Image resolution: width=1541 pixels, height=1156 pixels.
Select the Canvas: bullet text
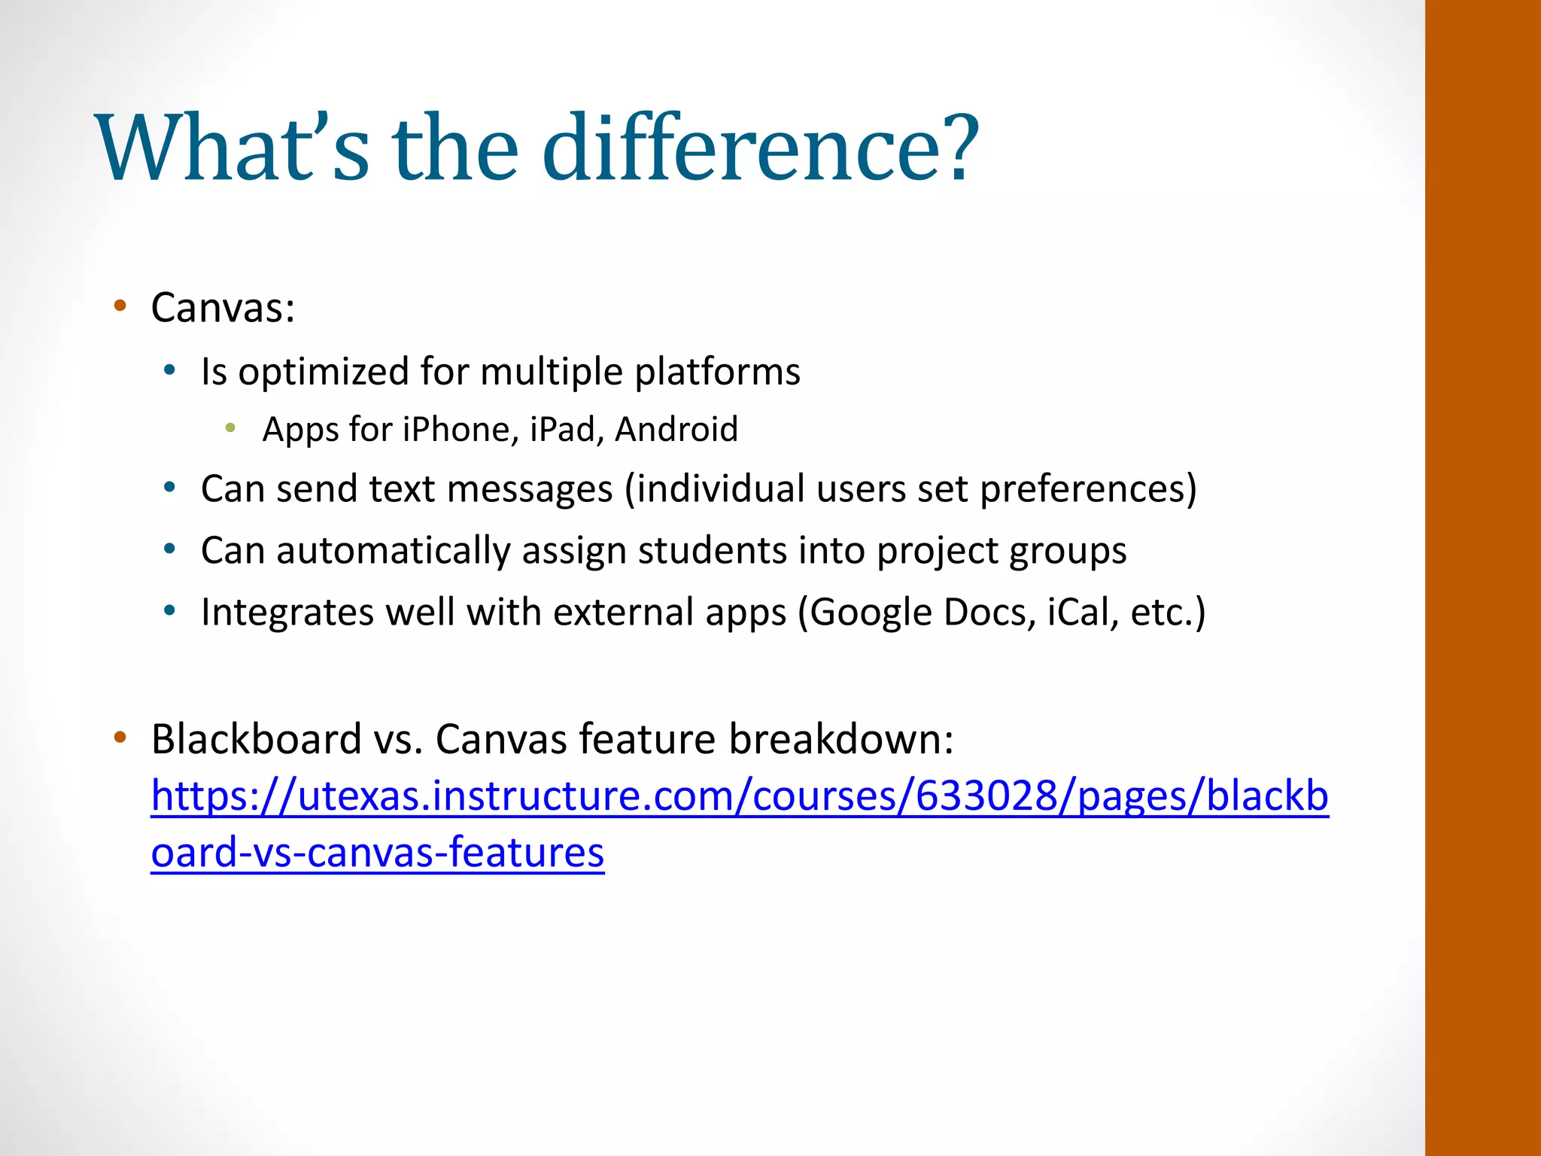pyautogui.click(x=223, y=308)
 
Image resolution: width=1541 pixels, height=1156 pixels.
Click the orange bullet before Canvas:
pyautogui.click(x=120, y=306)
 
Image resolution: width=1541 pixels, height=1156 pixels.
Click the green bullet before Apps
pyautogui.click(x=230, y=428)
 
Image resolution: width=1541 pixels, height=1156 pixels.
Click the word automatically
pyautogui.click(x=394, y=551)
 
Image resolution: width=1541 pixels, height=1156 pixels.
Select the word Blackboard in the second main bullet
pyautogui.click(x=257, y=739)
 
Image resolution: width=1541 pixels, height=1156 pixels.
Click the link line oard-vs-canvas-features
pyautogui.click(x=377, y=853)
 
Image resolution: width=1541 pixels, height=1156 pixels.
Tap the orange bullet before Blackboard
pyautogui.click(x=120, y=738)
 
